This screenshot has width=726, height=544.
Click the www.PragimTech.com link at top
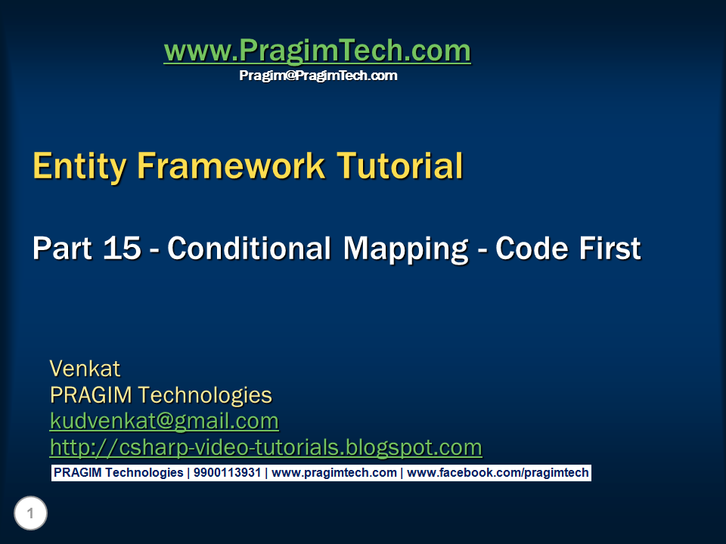[317, 51]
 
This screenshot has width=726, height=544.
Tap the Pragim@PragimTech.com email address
[318, 76]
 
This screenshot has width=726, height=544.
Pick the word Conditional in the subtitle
[250, 249]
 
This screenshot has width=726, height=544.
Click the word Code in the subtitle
[532, 249]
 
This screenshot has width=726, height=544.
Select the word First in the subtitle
[610, 249]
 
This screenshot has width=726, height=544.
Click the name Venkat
[85, 369]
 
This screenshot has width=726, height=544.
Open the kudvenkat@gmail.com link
[164, 421]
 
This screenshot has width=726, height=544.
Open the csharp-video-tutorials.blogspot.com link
[265, 447]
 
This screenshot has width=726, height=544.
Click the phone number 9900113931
[227, 473]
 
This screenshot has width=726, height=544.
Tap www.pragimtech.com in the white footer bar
[334, 473]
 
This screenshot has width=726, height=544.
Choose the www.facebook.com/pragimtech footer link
[498, 473]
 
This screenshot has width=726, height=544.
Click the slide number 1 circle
[30, 515]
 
